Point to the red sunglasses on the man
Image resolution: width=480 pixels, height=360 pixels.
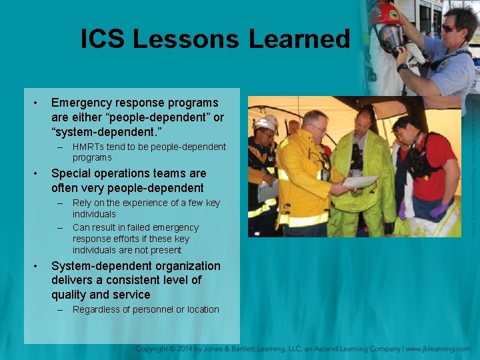(x=452, y=28)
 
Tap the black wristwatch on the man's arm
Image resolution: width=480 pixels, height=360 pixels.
(x=402, y=67)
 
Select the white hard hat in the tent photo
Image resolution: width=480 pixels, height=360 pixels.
(x=267, y=123)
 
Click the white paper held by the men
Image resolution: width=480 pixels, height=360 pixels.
(x=361, y=182)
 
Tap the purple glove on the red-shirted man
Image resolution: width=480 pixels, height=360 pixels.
(x=439, y=210)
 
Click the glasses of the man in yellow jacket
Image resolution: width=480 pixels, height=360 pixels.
(x=319, y=128)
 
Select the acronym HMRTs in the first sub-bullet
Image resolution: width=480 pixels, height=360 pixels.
(x=89, y=147)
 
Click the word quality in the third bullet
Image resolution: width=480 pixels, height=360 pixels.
(x=68, y=295)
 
